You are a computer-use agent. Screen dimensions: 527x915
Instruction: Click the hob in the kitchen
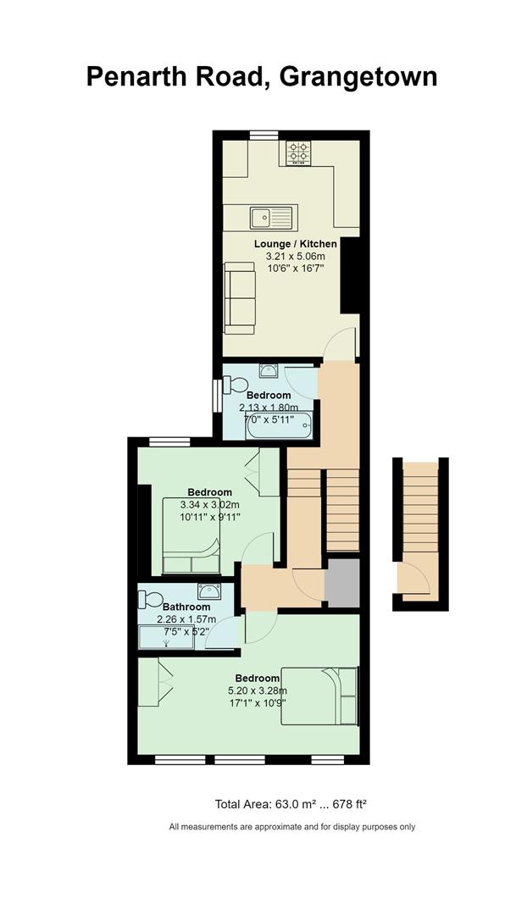[298, 152]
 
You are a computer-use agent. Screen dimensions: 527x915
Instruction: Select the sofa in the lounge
[240, 297]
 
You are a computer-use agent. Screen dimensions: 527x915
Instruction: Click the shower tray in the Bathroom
[166, 637]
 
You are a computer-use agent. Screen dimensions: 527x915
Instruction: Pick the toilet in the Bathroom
[151, 599]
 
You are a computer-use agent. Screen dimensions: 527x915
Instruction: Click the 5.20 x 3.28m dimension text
[258, 691]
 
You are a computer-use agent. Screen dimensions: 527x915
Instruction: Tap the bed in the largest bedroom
[319, 696]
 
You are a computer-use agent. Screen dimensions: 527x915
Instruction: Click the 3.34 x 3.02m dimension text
[210, 504]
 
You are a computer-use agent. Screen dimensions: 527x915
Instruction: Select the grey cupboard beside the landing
[342, 583]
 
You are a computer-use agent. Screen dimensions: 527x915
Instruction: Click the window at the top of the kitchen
[263, 136]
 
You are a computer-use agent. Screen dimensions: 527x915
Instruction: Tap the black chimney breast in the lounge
[349, 275]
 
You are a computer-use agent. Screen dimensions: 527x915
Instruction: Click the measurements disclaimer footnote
[291, 826]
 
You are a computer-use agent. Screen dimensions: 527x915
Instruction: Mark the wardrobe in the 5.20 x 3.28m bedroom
[155, 683]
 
